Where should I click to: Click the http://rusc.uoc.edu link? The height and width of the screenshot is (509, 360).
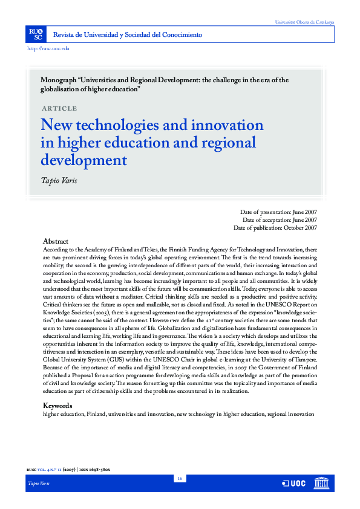[x=49, y=48]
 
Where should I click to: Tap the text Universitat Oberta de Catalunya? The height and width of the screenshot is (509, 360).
[x=304, y=22]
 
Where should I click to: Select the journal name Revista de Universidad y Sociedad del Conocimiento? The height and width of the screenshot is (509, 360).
[x=128, y=34]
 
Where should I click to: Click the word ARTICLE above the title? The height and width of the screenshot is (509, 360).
[x=59, y=108]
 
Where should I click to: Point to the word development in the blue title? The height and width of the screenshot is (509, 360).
[x=83, y=160]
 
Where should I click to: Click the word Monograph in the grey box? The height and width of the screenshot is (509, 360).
[x=57, y=80]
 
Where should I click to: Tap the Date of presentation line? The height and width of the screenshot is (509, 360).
[x=278, y=212]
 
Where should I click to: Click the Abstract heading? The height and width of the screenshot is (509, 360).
[x=56, y=241]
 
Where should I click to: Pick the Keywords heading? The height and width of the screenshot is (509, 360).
[x=57, y=406]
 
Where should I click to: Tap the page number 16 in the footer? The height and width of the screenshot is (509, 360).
[x=180, y=479]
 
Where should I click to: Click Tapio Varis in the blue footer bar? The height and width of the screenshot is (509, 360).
[x=39, y=485]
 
